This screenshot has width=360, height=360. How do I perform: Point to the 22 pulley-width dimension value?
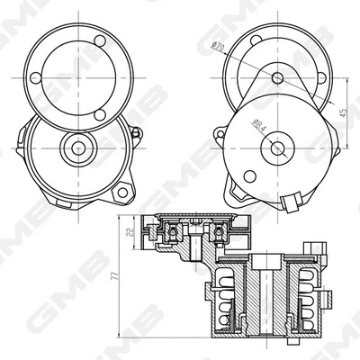pyautogui.click(x=128, y=237)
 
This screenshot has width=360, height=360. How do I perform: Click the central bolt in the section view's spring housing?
pyautogui.click(x=262, y=297)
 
